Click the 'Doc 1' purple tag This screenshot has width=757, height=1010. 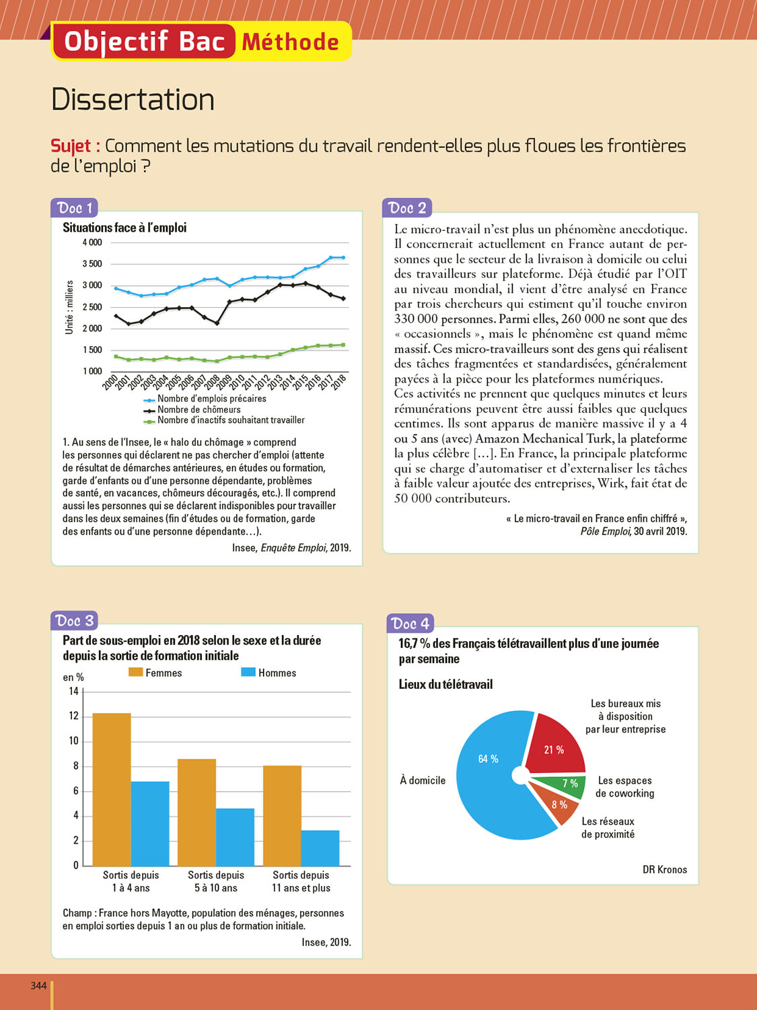pos(74,207)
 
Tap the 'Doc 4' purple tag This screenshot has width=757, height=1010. pos(410,624)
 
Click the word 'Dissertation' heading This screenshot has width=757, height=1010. pos(133,100)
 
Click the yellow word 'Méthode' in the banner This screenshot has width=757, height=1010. pos(290,42)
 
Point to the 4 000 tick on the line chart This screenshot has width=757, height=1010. pos(92,242)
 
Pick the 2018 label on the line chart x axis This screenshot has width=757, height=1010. pos(339,382)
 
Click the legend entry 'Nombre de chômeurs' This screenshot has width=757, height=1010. pos(199,409)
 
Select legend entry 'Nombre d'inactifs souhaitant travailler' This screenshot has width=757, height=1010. pos(230,420)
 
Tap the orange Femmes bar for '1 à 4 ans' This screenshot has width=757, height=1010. pos(112,789)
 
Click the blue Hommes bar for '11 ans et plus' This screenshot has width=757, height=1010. pos(320,848)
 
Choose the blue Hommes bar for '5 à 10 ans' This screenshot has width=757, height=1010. pos(235,837)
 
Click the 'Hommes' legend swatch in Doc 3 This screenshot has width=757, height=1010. pos(248,672)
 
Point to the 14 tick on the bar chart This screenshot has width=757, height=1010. pos(74,691)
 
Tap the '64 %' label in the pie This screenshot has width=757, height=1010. pos(489,759)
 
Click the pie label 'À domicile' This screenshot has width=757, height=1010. pos(423,780)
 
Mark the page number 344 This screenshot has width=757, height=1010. pos(38,986)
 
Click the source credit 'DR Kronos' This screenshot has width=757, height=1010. pos(664,869)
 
